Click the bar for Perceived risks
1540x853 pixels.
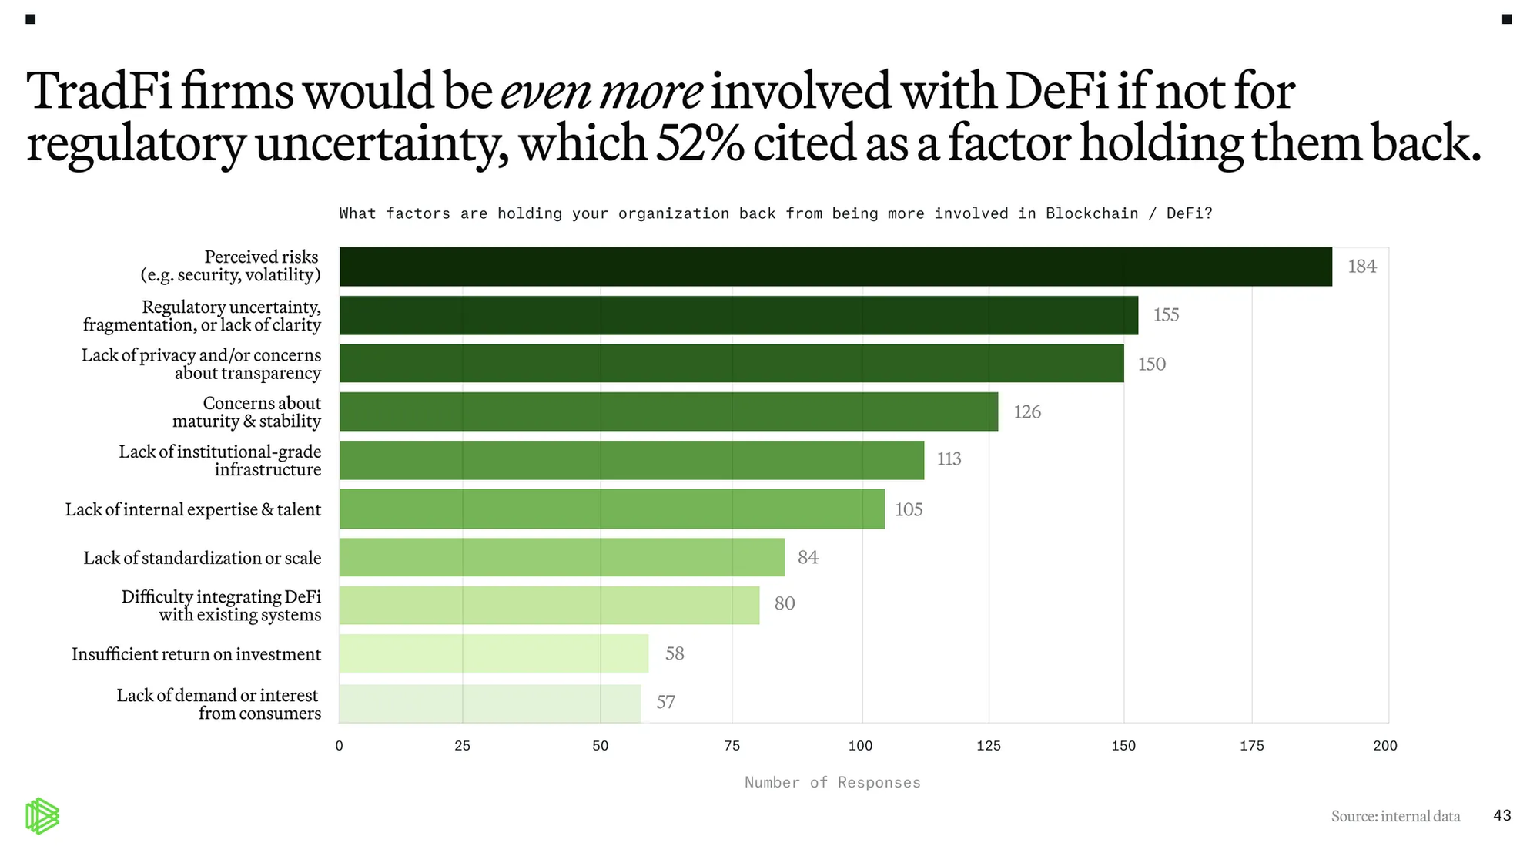835,267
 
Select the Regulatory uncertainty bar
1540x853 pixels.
738,315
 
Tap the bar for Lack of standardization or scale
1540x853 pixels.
562,557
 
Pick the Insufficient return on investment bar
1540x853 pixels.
494,653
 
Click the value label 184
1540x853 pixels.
1361,267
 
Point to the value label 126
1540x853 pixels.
1027,412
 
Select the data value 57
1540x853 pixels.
665,702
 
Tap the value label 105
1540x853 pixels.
909,509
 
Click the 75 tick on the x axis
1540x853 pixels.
731,746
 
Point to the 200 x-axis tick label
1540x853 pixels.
1384,746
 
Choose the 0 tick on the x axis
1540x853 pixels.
339,746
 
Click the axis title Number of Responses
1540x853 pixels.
832,783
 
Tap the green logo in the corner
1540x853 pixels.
42,817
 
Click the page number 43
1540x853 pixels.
1501,815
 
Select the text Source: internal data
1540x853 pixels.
1395,816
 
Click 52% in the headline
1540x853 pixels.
699,143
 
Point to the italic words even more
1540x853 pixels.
601,91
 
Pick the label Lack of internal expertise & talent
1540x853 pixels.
193,509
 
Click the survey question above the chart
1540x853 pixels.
775,213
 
